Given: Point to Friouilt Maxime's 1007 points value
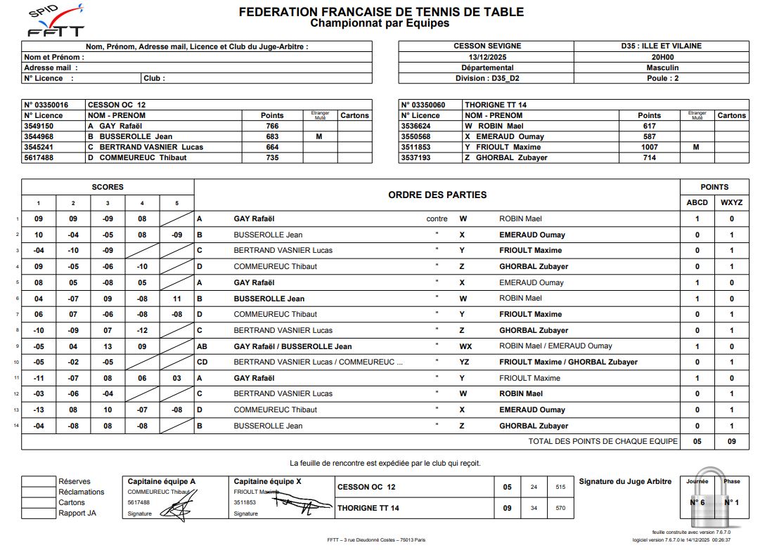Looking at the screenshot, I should coord(649,147).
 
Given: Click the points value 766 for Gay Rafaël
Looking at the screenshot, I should coord(272,126).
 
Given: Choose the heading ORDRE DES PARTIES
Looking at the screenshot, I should coord(437,195).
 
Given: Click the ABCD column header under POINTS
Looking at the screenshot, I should coord(697,202).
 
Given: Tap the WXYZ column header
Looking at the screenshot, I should coord(732,202).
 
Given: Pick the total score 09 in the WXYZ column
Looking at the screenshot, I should coord(732,442).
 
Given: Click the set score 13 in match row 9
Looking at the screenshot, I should coord(108,346).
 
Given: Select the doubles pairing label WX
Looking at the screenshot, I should coord(465,346).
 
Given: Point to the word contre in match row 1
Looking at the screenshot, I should coord(437,219).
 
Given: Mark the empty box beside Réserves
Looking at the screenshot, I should coord(38,482).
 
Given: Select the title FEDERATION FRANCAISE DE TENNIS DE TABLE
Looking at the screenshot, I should coord(381,12).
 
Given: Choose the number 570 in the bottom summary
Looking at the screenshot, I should coord(560,508).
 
